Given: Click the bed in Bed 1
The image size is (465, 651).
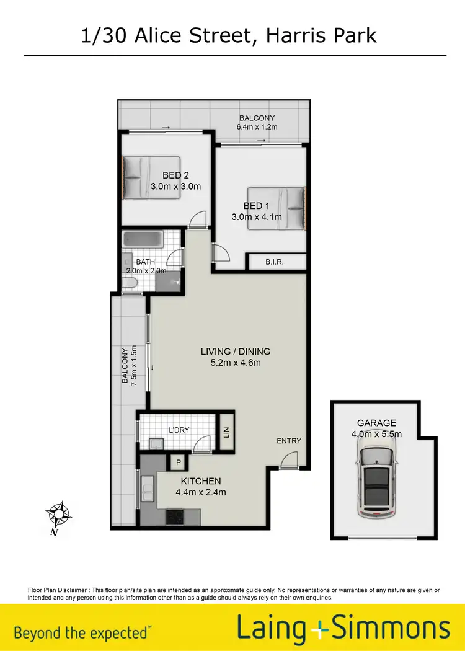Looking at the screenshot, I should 277,208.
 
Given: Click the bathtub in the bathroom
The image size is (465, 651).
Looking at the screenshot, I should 143,239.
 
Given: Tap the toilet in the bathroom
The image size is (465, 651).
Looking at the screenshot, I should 130,284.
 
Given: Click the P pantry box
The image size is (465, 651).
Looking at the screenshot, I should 179,462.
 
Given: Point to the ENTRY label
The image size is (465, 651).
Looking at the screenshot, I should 289,441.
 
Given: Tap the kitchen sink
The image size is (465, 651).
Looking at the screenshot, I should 148,490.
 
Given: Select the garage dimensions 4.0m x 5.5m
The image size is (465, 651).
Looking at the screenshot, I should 376,434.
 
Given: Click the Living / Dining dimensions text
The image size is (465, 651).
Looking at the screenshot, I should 236,363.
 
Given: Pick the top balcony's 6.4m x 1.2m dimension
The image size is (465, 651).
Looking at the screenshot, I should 257,127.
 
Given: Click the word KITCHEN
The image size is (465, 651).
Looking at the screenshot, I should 201,481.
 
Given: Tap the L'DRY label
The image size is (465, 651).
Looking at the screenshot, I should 179,430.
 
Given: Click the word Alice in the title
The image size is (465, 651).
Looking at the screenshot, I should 156,35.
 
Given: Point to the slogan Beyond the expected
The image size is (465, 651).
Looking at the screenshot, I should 81,633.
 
